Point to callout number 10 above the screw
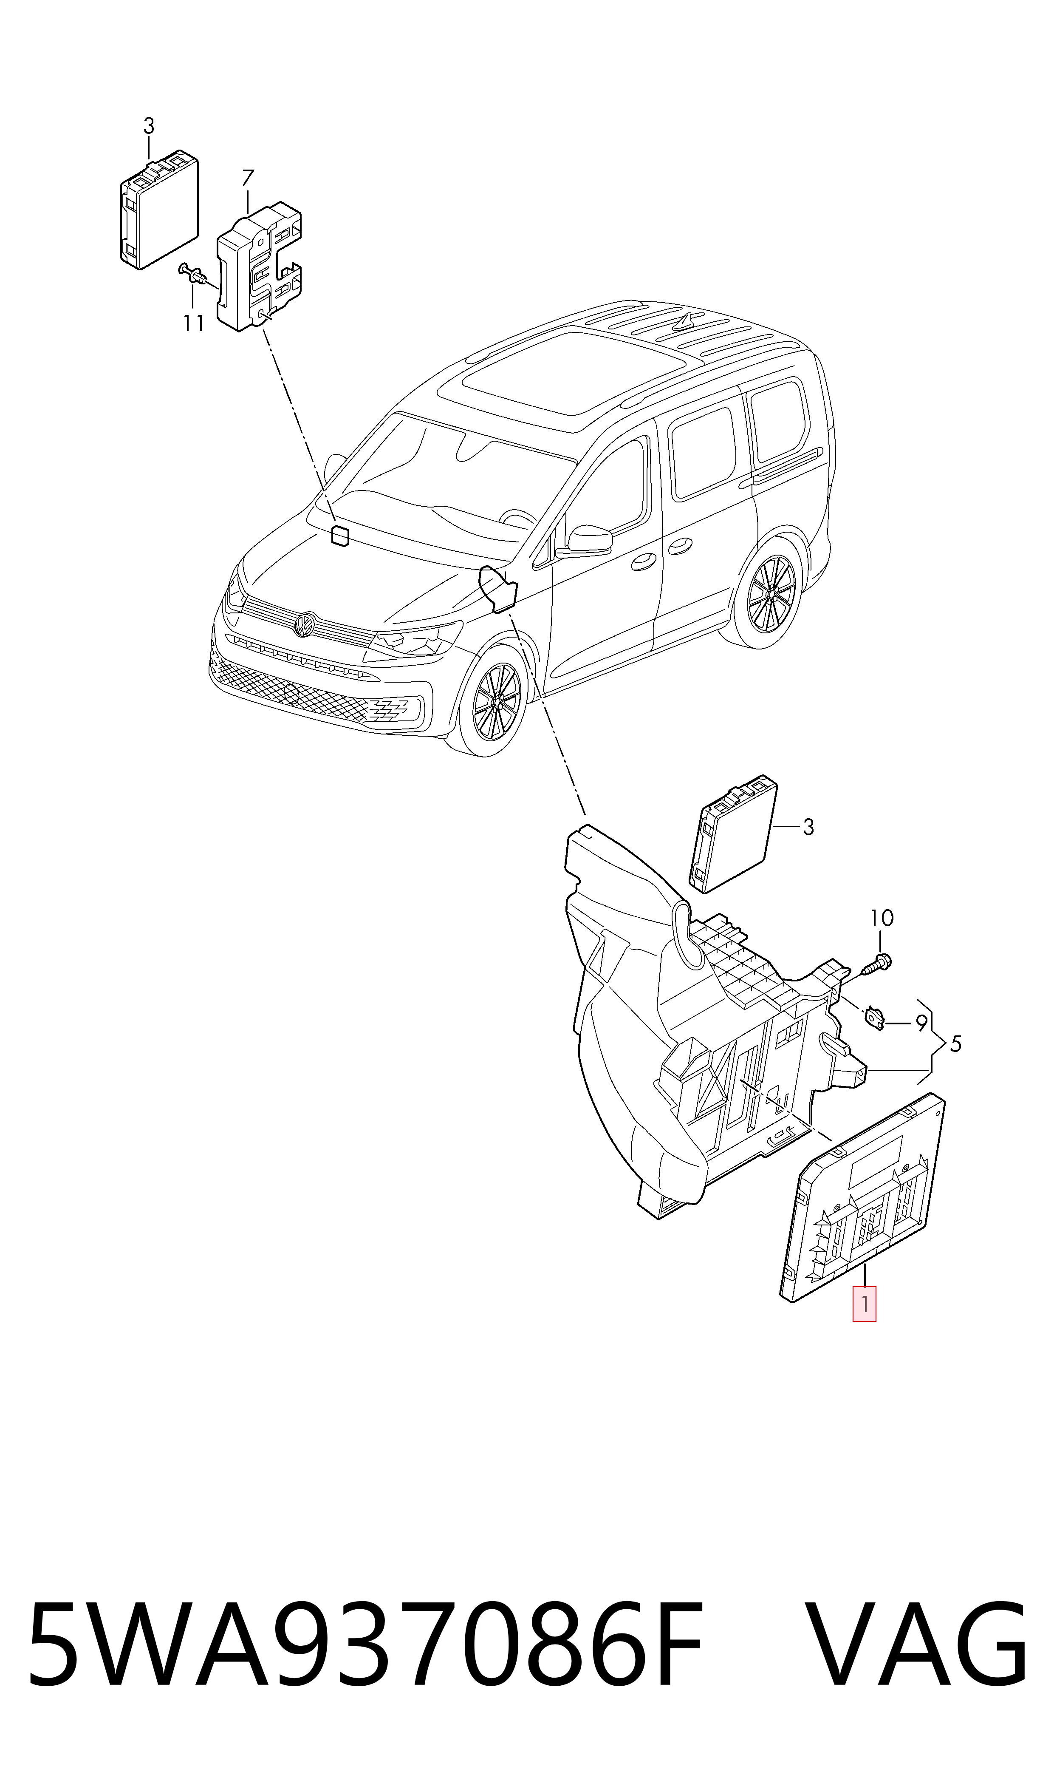(x=882, y=918)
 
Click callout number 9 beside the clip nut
(x=921, y=1024)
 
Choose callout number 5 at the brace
(x=955, y=1044)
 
